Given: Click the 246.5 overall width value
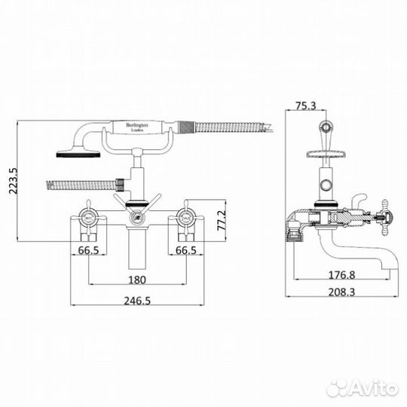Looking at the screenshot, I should click(136, 299).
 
